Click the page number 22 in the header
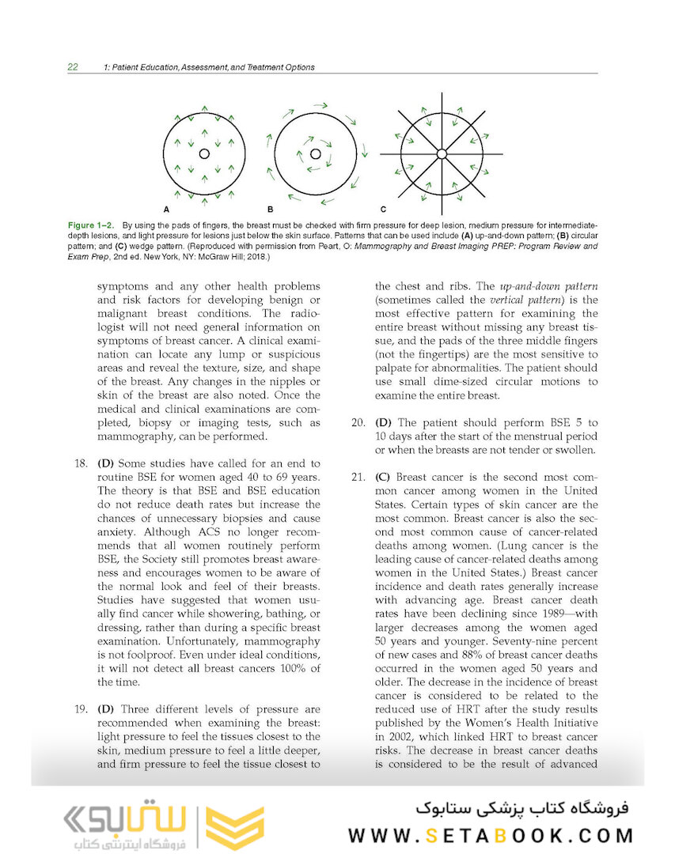point(72,67)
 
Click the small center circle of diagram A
point(203,153)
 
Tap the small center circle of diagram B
point(315,153)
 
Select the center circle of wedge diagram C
point(442,153)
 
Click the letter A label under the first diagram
point(166,210)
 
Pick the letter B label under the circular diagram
point(270,210)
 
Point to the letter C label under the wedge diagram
point(383,210)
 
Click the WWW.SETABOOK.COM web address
point(491,835)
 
